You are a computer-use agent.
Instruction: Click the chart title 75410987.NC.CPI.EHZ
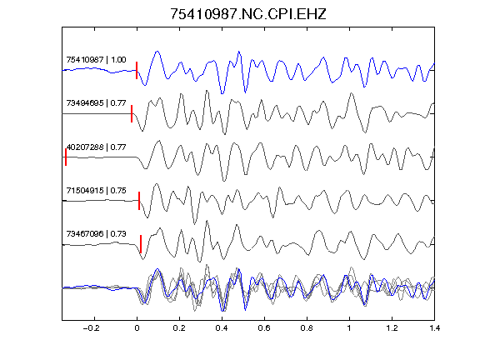pos(248,14)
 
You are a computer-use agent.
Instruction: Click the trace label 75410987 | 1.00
pos(96,59)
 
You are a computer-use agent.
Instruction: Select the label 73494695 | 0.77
pos(96,102)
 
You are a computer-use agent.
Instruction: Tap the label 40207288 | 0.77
pos(96,147)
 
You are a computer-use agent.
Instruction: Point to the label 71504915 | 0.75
pos(96,190)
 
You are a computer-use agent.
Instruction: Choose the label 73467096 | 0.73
pos(96,234)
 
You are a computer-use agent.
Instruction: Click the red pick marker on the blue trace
pos(137,70)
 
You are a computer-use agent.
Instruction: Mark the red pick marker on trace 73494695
pos(132,114)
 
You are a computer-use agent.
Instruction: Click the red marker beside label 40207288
pos(66,157)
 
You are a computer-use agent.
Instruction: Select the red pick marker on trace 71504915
pos(139,201)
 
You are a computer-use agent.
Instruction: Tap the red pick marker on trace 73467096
pos(141,244)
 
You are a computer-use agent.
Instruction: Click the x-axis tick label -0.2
pos(91,328)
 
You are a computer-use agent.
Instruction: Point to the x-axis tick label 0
pos(137,328)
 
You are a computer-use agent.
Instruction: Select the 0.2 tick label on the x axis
pos(179,328)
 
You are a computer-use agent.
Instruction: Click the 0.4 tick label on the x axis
pos(222,328)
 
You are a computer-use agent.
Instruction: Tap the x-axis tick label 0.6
pos(264,328)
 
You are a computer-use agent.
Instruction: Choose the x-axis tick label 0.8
pos(307,328)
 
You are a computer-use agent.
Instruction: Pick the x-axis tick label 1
pos(349,328)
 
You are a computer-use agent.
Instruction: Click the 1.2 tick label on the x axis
pos(392,328)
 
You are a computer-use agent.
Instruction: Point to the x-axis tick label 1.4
pos(434,328)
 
